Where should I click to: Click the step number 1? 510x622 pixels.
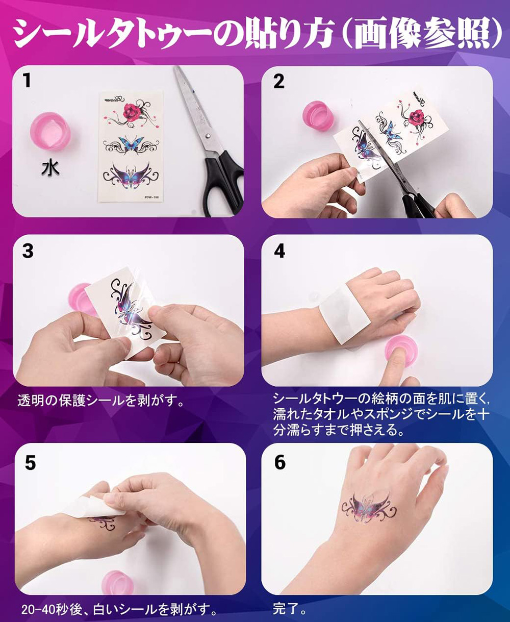click(27, 81)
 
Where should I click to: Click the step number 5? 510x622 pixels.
click(31, 463)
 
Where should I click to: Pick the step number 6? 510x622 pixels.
click(280, 462)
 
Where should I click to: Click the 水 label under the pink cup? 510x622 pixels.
click(50, 168)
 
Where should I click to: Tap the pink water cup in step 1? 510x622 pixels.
click(50, 133)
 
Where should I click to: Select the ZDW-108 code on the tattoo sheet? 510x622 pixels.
click(151, 197)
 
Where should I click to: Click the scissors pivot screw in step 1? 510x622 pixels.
click(208, 135)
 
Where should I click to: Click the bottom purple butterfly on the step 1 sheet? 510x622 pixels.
click(131, 175)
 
